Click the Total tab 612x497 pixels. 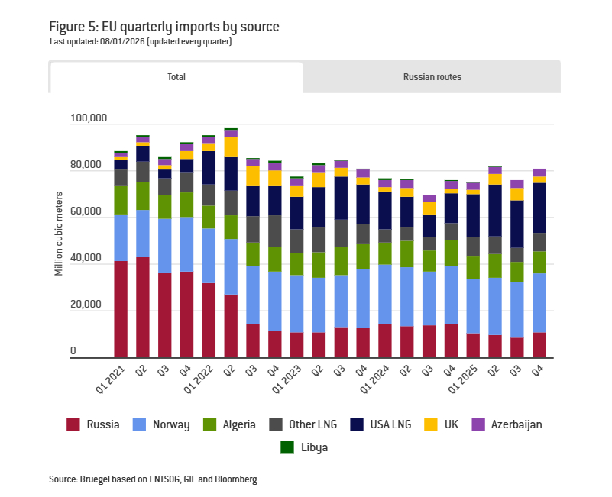click(x=176, y=77)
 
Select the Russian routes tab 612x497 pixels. click(x=432, y=77)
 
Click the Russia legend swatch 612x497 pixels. click(x=73, y=424)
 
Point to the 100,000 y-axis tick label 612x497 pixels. click(x=89, y=119)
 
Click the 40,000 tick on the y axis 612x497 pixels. click(x=92, y=260)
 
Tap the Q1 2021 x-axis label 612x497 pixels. click(x=111, y=376)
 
